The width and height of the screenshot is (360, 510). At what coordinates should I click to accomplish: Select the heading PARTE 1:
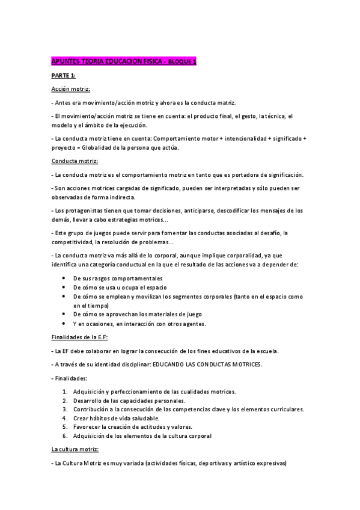click(64, 76)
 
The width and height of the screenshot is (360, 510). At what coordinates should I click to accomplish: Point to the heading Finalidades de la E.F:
click(80, 337)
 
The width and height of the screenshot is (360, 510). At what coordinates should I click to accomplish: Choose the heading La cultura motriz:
click(75, 449)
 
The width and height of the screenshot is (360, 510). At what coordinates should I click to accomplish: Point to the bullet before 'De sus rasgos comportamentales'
click(64, 278)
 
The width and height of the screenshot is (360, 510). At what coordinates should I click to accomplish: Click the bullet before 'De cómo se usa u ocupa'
click(64, 287)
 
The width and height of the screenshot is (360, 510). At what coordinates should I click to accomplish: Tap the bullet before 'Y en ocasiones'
click(64, 324)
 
